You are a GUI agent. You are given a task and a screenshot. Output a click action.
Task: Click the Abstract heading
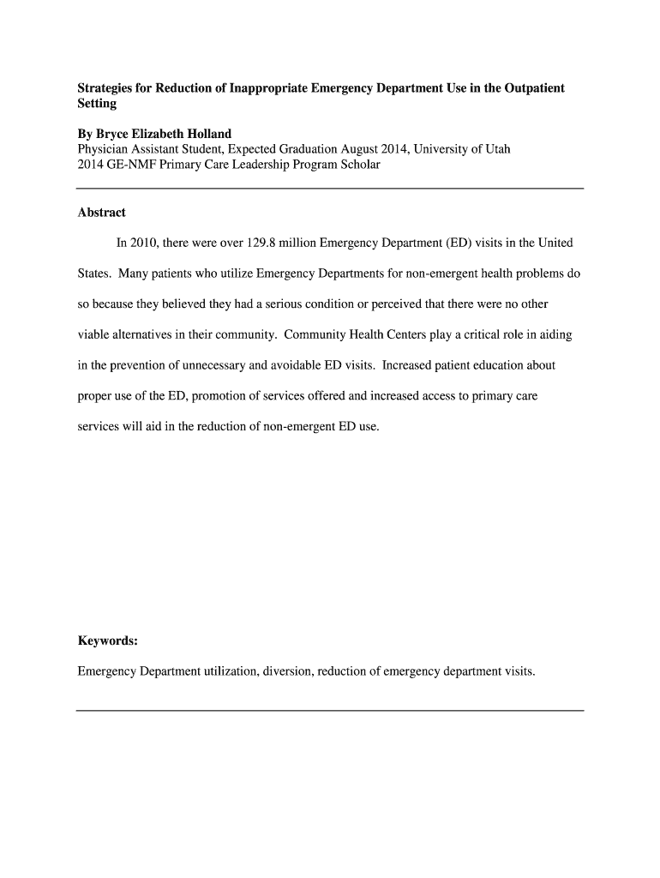(102, 213)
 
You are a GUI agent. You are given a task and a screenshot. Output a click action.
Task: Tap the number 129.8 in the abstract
(265, 243)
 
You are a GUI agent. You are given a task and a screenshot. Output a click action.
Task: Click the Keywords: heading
(107, 640)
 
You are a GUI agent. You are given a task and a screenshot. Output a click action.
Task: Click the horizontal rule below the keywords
(330, 711)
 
